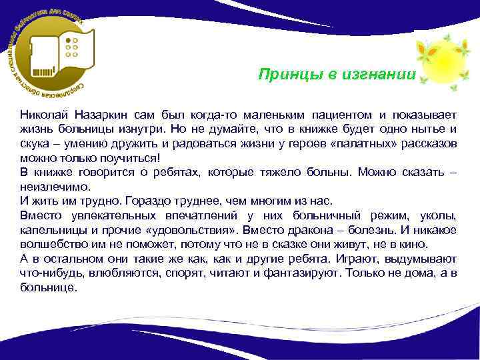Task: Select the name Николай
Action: point(43,113)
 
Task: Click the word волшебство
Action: point(51,245)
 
